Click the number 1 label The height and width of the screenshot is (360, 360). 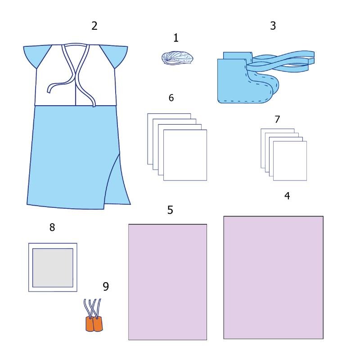coord(176,38)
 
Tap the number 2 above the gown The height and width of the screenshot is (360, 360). coord(94,26)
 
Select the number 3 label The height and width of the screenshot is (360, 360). coord(273,26)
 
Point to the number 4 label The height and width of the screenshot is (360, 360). coord(287,196)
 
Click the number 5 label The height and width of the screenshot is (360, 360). coord(170,210)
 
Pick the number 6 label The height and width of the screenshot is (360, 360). coord(171,98)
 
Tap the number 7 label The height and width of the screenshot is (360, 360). coord(277,119)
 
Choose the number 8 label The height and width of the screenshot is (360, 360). coord(52,227)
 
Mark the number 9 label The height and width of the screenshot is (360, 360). coord(106,286)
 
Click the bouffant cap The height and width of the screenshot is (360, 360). coord(177,58)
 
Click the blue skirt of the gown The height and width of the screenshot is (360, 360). coord(76,156)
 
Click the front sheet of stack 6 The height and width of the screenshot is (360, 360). coord(185,155)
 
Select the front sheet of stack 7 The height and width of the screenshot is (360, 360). coord(290,161)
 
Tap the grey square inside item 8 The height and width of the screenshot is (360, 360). coord(53,268)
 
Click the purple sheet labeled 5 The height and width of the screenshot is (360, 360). coord(167,282)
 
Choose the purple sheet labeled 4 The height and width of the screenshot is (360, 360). coord(274,277)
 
